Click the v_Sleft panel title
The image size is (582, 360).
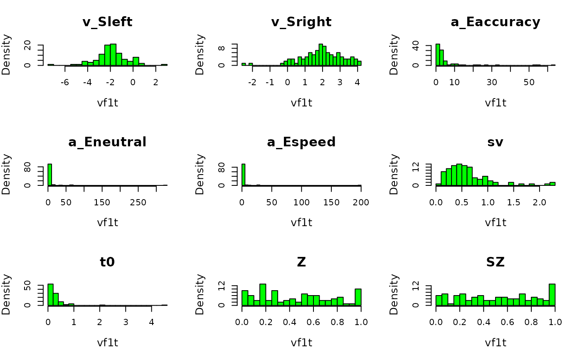click(107, 22)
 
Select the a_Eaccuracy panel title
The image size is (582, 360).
click(495, 22)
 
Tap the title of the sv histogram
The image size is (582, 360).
click(495, 142)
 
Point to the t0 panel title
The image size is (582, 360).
click(107, 262)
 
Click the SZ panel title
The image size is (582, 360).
click(495, 262)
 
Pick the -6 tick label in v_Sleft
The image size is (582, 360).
click(64, 82)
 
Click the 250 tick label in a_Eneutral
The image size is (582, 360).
click(138, 202)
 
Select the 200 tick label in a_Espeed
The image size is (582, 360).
click(361, 202)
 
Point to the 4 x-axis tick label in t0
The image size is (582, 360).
click(151, 323)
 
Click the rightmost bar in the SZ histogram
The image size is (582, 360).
click(552, 295)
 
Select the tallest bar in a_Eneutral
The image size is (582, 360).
click(50, 175)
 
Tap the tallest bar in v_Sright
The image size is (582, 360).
click(321, 54)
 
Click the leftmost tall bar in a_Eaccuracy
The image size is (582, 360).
click(438, 54)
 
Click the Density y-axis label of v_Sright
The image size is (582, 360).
click(200, 54)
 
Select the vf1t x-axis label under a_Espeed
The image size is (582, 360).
click(301, 222)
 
